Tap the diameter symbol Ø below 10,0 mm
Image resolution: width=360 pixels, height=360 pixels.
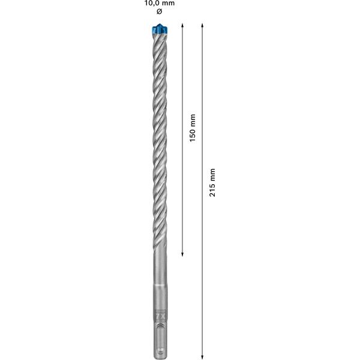(158, 12)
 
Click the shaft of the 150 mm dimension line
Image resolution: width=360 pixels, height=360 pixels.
(182, 180)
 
